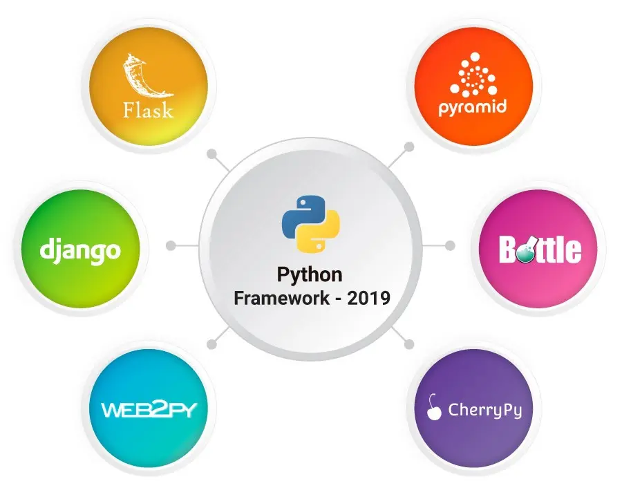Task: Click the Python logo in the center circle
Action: click(x=310, y=223)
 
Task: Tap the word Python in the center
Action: click(x=310, y=275)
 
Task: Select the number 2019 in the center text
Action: click(x=368, y=298)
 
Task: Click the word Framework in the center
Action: click(x=282, y=298)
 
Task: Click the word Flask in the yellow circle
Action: click(x=148, y=110)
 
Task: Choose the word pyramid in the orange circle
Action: click(x=473, y=108)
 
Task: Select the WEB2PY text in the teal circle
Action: click(x=149, y=410)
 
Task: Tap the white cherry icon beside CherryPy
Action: click(x=433, y=407)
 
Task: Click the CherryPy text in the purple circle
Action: click(x=484, y=411)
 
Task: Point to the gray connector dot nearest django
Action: click(x=171, y=245)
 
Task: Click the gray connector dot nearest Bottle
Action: click(x=450, y=245)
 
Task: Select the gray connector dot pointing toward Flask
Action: click(x=212, y=153)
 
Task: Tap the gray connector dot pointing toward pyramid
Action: click(x=409, y=147)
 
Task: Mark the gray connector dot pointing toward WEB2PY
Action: click(x=212, y=344)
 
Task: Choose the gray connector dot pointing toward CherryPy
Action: click(x=409, y=344)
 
